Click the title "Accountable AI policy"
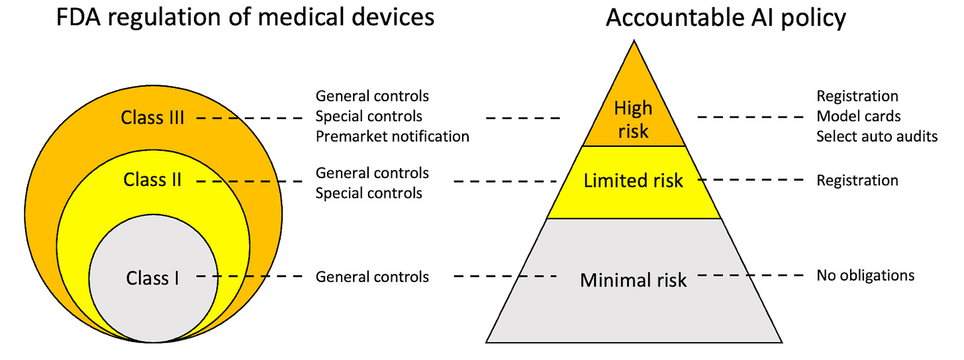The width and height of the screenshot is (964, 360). pyautogui.click(x=726, y=19)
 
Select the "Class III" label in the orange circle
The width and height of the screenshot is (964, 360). pyautogui.click(x=152, y=118)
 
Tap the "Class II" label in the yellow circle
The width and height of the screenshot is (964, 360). pyautogui.click(x=152, y=179)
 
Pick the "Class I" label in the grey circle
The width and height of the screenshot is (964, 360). pyautogui.click(x=152, y=278)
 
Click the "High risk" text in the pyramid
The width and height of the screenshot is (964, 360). pyautogui.click(x=634, y=119)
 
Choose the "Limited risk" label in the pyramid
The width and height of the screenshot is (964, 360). pyautogui.click(x=633, y=181)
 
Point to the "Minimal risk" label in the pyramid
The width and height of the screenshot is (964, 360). pyautogui.click(x=634, y=280)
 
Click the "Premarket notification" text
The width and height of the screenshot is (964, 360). pyautogui.click(x=392, y=137)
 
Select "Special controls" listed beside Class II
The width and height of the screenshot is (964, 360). pyautogui.click(x=369, y=193)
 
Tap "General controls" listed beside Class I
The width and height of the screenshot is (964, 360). pyautogui.click(x=372, y=277)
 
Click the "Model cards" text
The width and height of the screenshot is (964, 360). pyautogui.click(x=858, y=116)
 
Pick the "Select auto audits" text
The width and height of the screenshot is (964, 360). pyautogui.click(x=877, y=137)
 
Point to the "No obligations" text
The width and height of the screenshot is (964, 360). pyautogui.click(x=865, y=275)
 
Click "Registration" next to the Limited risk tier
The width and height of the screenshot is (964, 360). pyautogui.click(x=857, y=181)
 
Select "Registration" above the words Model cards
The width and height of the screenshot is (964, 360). pyautogui.click(x=857, y=97)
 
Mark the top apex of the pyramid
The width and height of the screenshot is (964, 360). pyautogui.click(x=634, y=41)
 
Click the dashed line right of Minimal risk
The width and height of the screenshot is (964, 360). pyautogui.click(x=750, y=275)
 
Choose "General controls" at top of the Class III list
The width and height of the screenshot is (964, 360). pyautogui.click(x=372, y=97)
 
